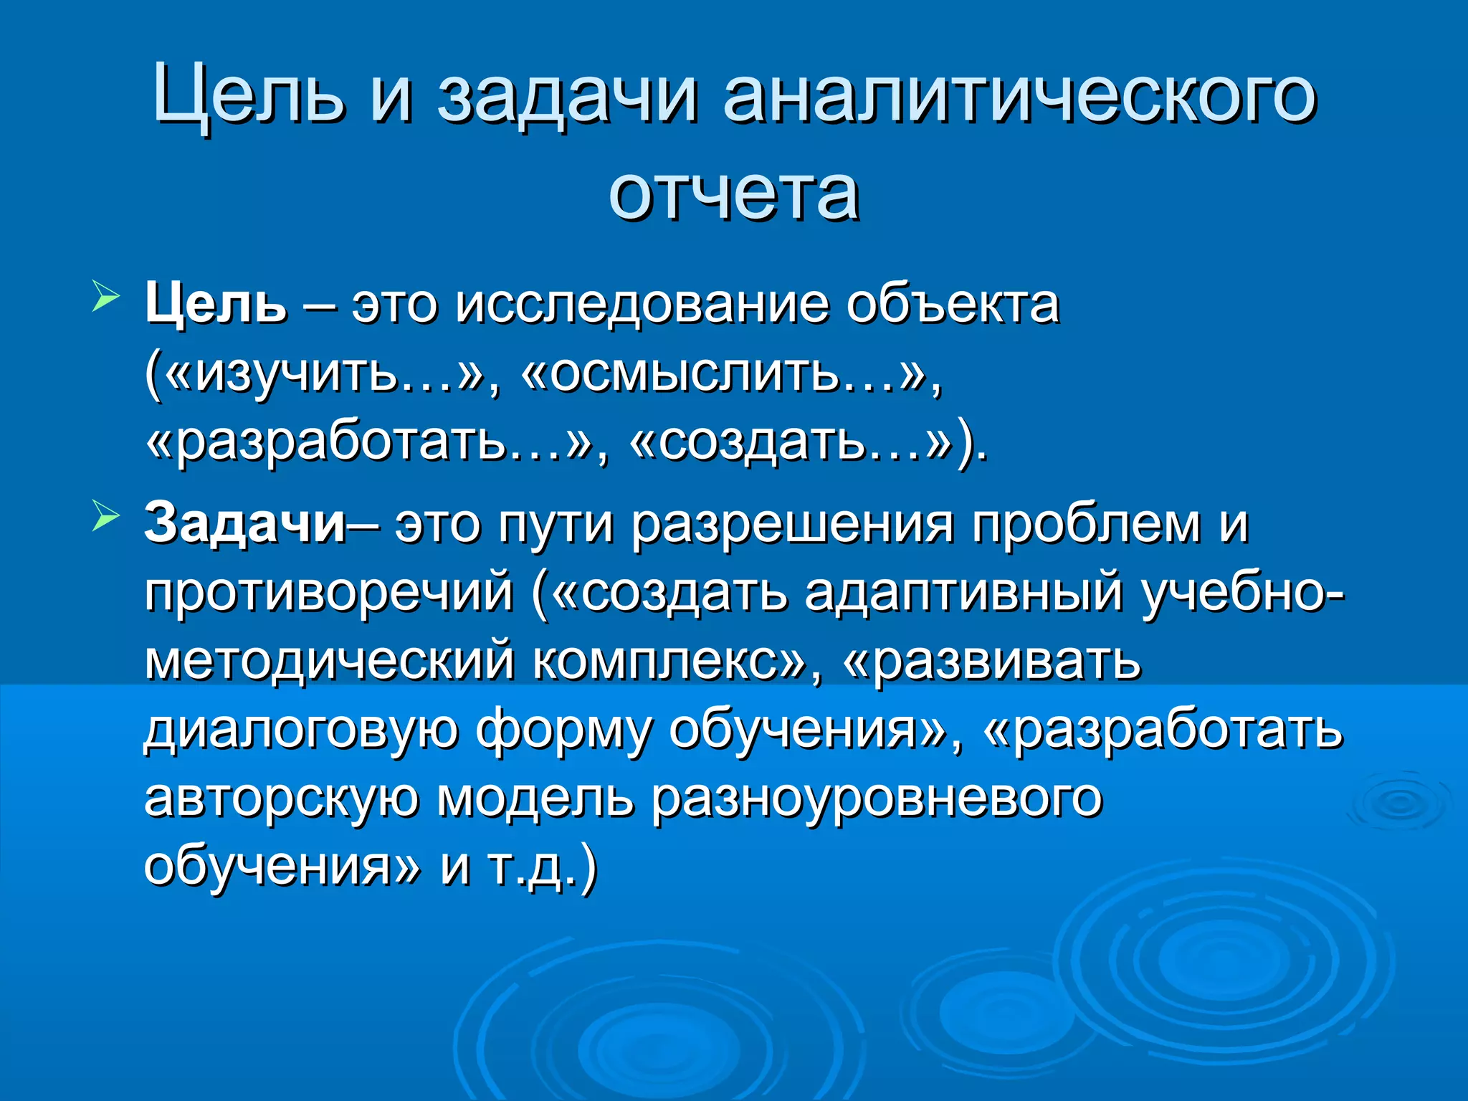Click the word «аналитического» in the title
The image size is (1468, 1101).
point(1019,97)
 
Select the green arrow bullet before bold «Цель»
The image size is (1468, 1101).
point(105,297)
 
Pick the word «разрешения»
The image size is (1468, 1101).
point(793,524)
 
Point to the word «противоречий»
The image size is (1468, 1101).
point(329,594)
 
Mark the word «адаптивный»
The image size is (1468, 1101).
point(963,594)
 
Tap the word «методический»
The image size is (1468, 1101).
point(329,661)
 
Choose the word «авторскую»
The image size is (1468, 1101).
point(281,798)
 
